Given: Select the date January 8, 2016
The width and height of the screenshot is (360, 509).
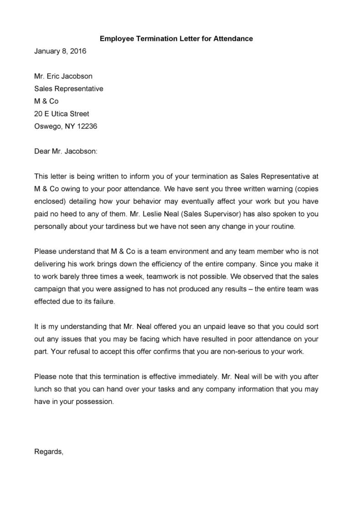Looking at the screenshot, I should [x=60, y=51].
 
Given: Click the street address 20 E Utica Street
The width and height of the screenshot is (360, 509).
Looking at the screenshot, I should [x=62, y=113].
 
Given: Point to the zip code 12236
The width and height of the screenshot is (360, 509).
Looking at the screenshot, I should [x=87, y=126].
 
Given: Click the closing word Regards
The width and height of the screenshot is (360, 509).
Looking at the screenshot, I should [x=49, y=452].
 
